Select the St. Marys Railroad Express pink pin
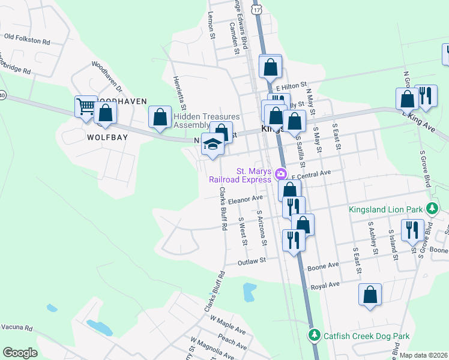(281, 175)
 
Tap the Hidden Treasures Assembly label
(206, 121)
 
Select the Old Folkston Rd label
(26, 38)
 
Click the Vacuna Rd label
(16, 328)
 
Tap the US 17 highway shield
(257, 10)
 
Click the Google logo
(20, 352)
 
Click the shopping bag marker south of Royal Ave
(370, 295)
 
